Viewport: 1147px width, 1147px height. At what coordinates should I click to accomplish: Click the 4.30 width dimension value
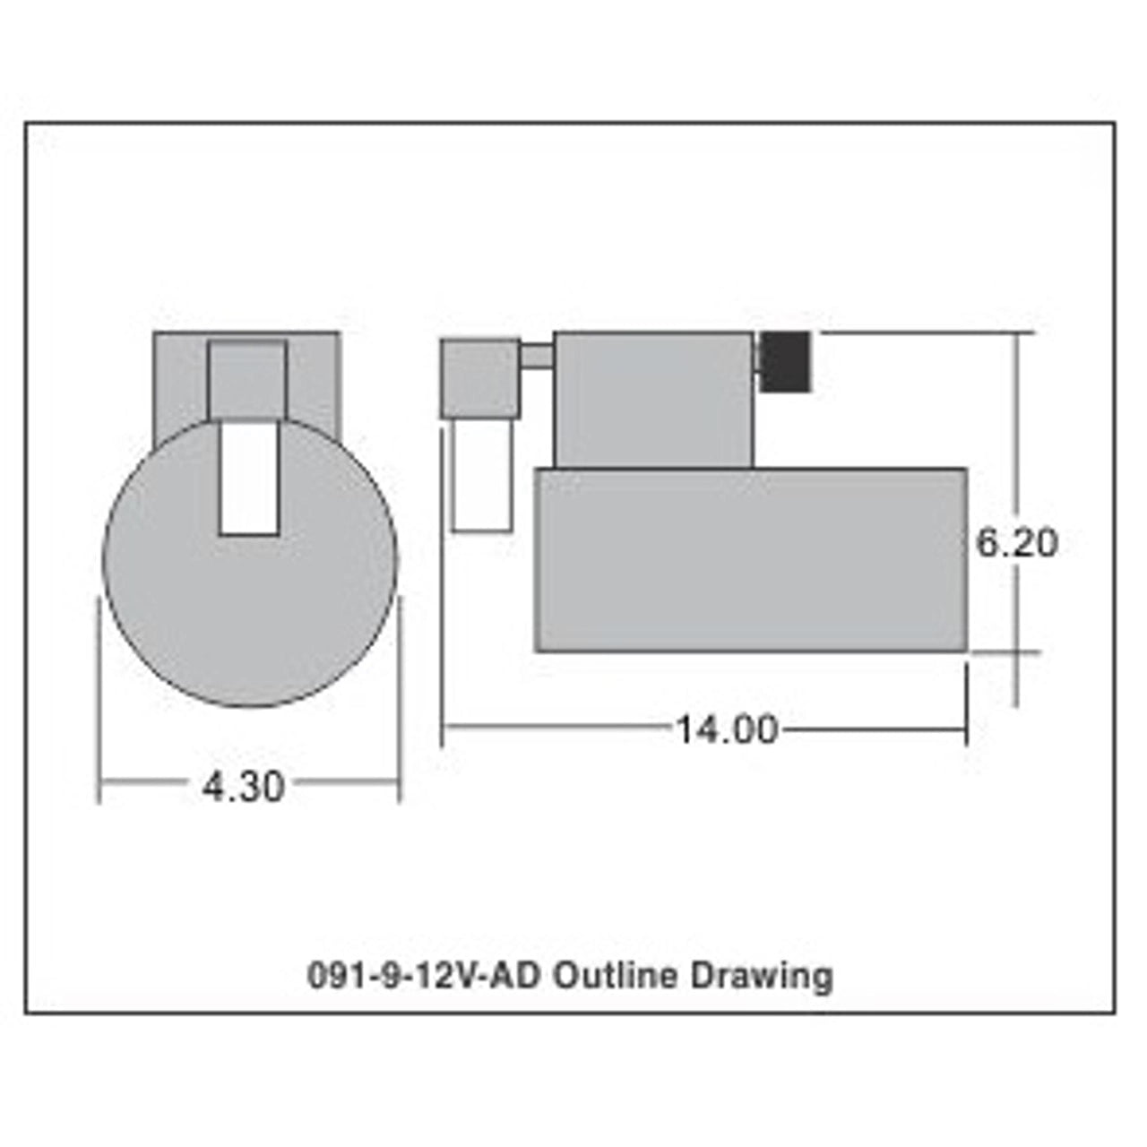click(243, 788)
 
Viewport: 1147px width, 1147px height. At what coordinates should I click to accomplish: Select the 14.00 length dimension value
click(726, 729)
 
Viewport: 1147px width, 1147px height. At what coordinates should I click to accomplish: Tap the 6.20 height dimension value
click(1016, 543)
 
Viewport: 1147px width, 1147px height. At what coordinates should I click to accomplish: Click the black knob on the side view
click(786, 361)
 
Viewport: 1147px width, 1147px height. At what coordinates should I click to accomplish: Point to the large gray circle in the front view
click(251, 618)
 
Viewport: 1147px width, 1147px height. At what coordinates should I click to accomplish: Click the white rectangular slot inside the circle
click(248, 479)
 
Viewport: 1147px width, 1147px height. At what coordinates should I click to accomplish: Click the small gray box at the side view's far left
click(479, 379)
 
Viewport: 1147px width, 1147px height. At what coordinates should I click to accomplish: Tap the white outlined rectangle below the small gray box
click(483, 475)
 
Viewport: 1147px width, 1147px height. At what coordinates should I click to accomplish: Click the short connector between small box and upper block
click(537, 357)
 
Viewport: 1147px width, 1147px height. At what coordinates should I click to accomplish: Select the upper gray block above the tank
click(653, 400)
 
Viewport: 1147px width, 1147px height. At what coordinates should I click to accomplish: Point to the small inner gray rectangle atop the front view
click(248, 381)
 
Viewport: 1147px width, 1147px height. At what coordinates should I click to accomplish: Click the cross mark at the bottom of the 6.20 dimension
click(1017, 651)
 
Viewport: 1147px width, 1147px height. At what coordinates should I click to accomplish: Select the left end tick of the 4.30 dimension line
click(99, 788)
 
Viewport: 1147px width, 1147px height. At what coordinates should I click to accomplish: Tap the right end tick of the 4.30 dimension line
click(399, 788)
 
